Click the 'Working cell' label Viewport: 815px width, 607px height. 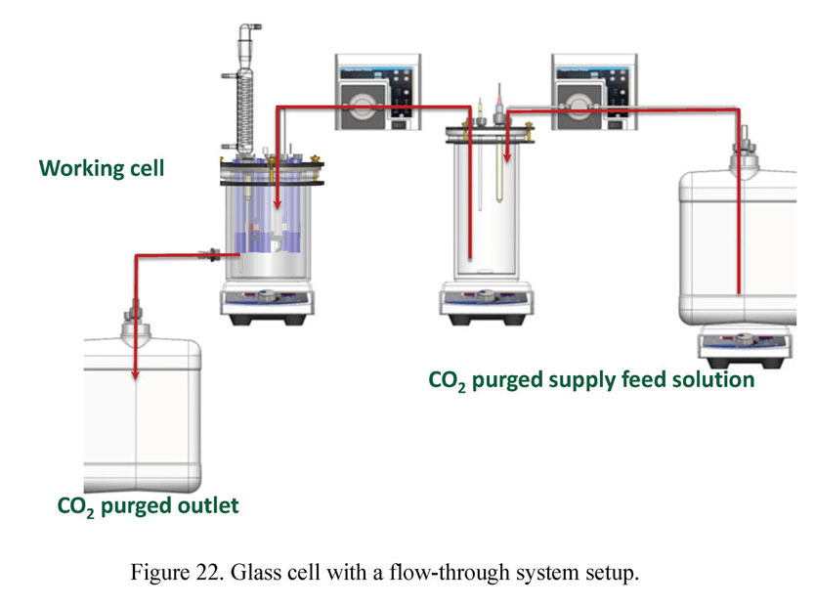pos(102,168)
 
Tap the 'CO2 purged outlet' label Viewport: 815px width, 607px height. pos(148,505)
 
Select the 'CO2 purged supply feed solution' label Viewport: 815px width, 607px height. pos(591,379)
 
